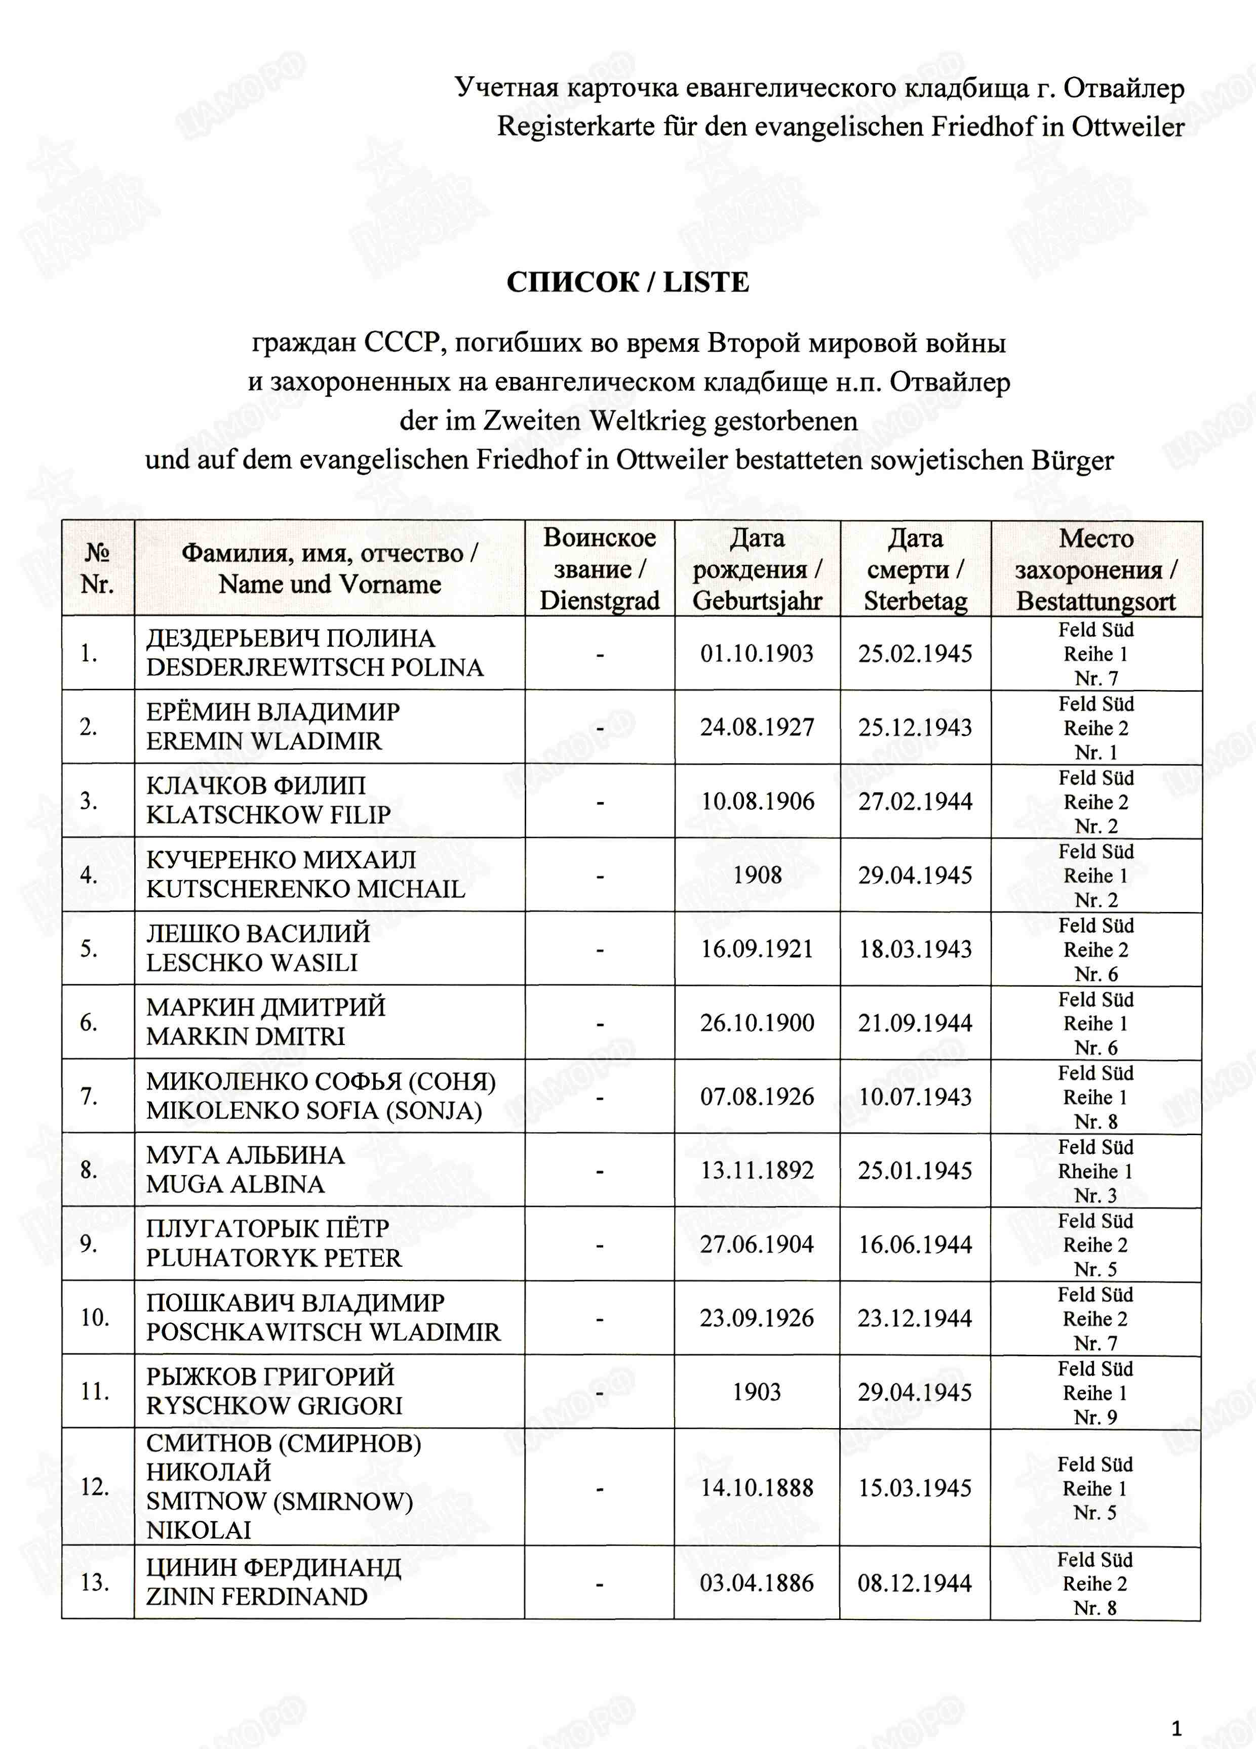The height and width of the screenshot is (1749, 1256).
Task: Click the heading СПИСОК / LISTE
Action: click(627, 282)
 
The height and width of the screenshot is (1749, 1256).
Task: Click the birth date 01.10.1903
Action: click(756, 653)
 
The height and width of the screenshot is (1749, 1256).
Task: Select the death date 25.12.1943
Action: click(915, 727)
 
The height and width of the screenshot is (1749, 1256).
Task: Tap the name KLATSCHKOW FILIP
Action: click(268, 814)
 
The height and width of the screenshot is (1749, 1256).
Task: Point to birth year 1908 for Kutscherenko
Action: click(757, 874)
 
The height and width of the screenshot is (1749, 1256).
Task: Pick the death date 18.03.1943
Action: click(915, 948)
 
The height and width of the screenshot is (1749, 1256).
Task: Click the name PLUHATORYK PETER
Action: click(274, 1258)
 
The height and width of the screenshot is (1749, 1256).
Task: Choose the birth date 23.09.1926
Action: click(756, 1318)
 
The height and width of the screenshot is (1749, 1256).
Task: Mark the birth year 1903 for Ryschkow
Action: click(756, 1391)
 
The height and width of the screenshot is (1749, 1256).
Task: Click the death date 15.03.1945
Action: click(915, 1487)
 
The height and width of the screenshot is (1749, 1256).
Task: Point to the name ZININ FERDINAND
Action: click(257, 1596)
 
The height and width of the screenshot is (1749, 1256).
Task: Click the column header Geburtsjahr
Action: click(757, 600)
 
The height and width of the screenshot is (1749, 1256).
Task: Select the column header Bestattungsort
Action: click(1095, 601)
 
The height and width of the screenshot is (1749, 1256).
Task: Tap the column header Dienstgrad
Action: click(600, 600)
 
